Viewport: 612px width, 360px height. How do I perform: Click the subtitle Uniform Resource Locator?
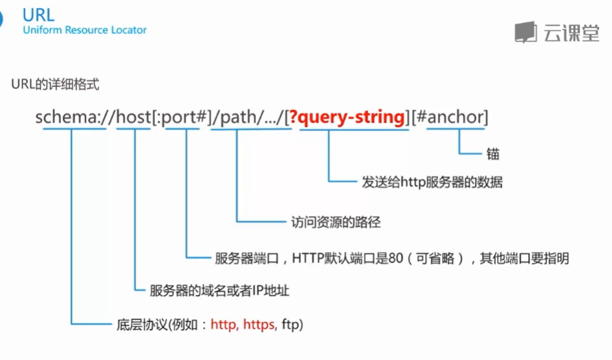(84, 30)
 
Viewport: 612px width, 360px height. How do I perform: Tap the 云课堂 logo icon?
(525, 32)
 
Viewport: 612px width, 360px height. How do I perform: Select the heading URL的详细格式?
(56, 85)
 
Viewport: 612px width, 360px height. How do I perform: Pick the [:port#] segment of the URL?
(184, 117)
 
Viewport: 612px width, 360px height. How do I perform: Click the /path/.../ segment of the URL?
(249, 117)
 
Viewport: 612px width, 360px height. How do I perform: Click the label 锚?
(493, 154)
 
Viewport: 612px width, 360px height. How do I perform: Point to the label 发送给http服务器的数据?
(432, 182)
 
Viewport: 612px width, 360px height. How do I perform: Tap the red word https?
(259, 324)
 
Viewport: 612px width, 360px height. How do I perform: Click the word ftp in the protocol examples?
(289, 324)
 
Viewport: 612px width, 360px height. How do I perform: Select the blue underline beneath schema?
(73, 129)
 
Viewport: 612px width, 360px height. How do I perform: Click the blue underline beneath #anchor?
(456, 129)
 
